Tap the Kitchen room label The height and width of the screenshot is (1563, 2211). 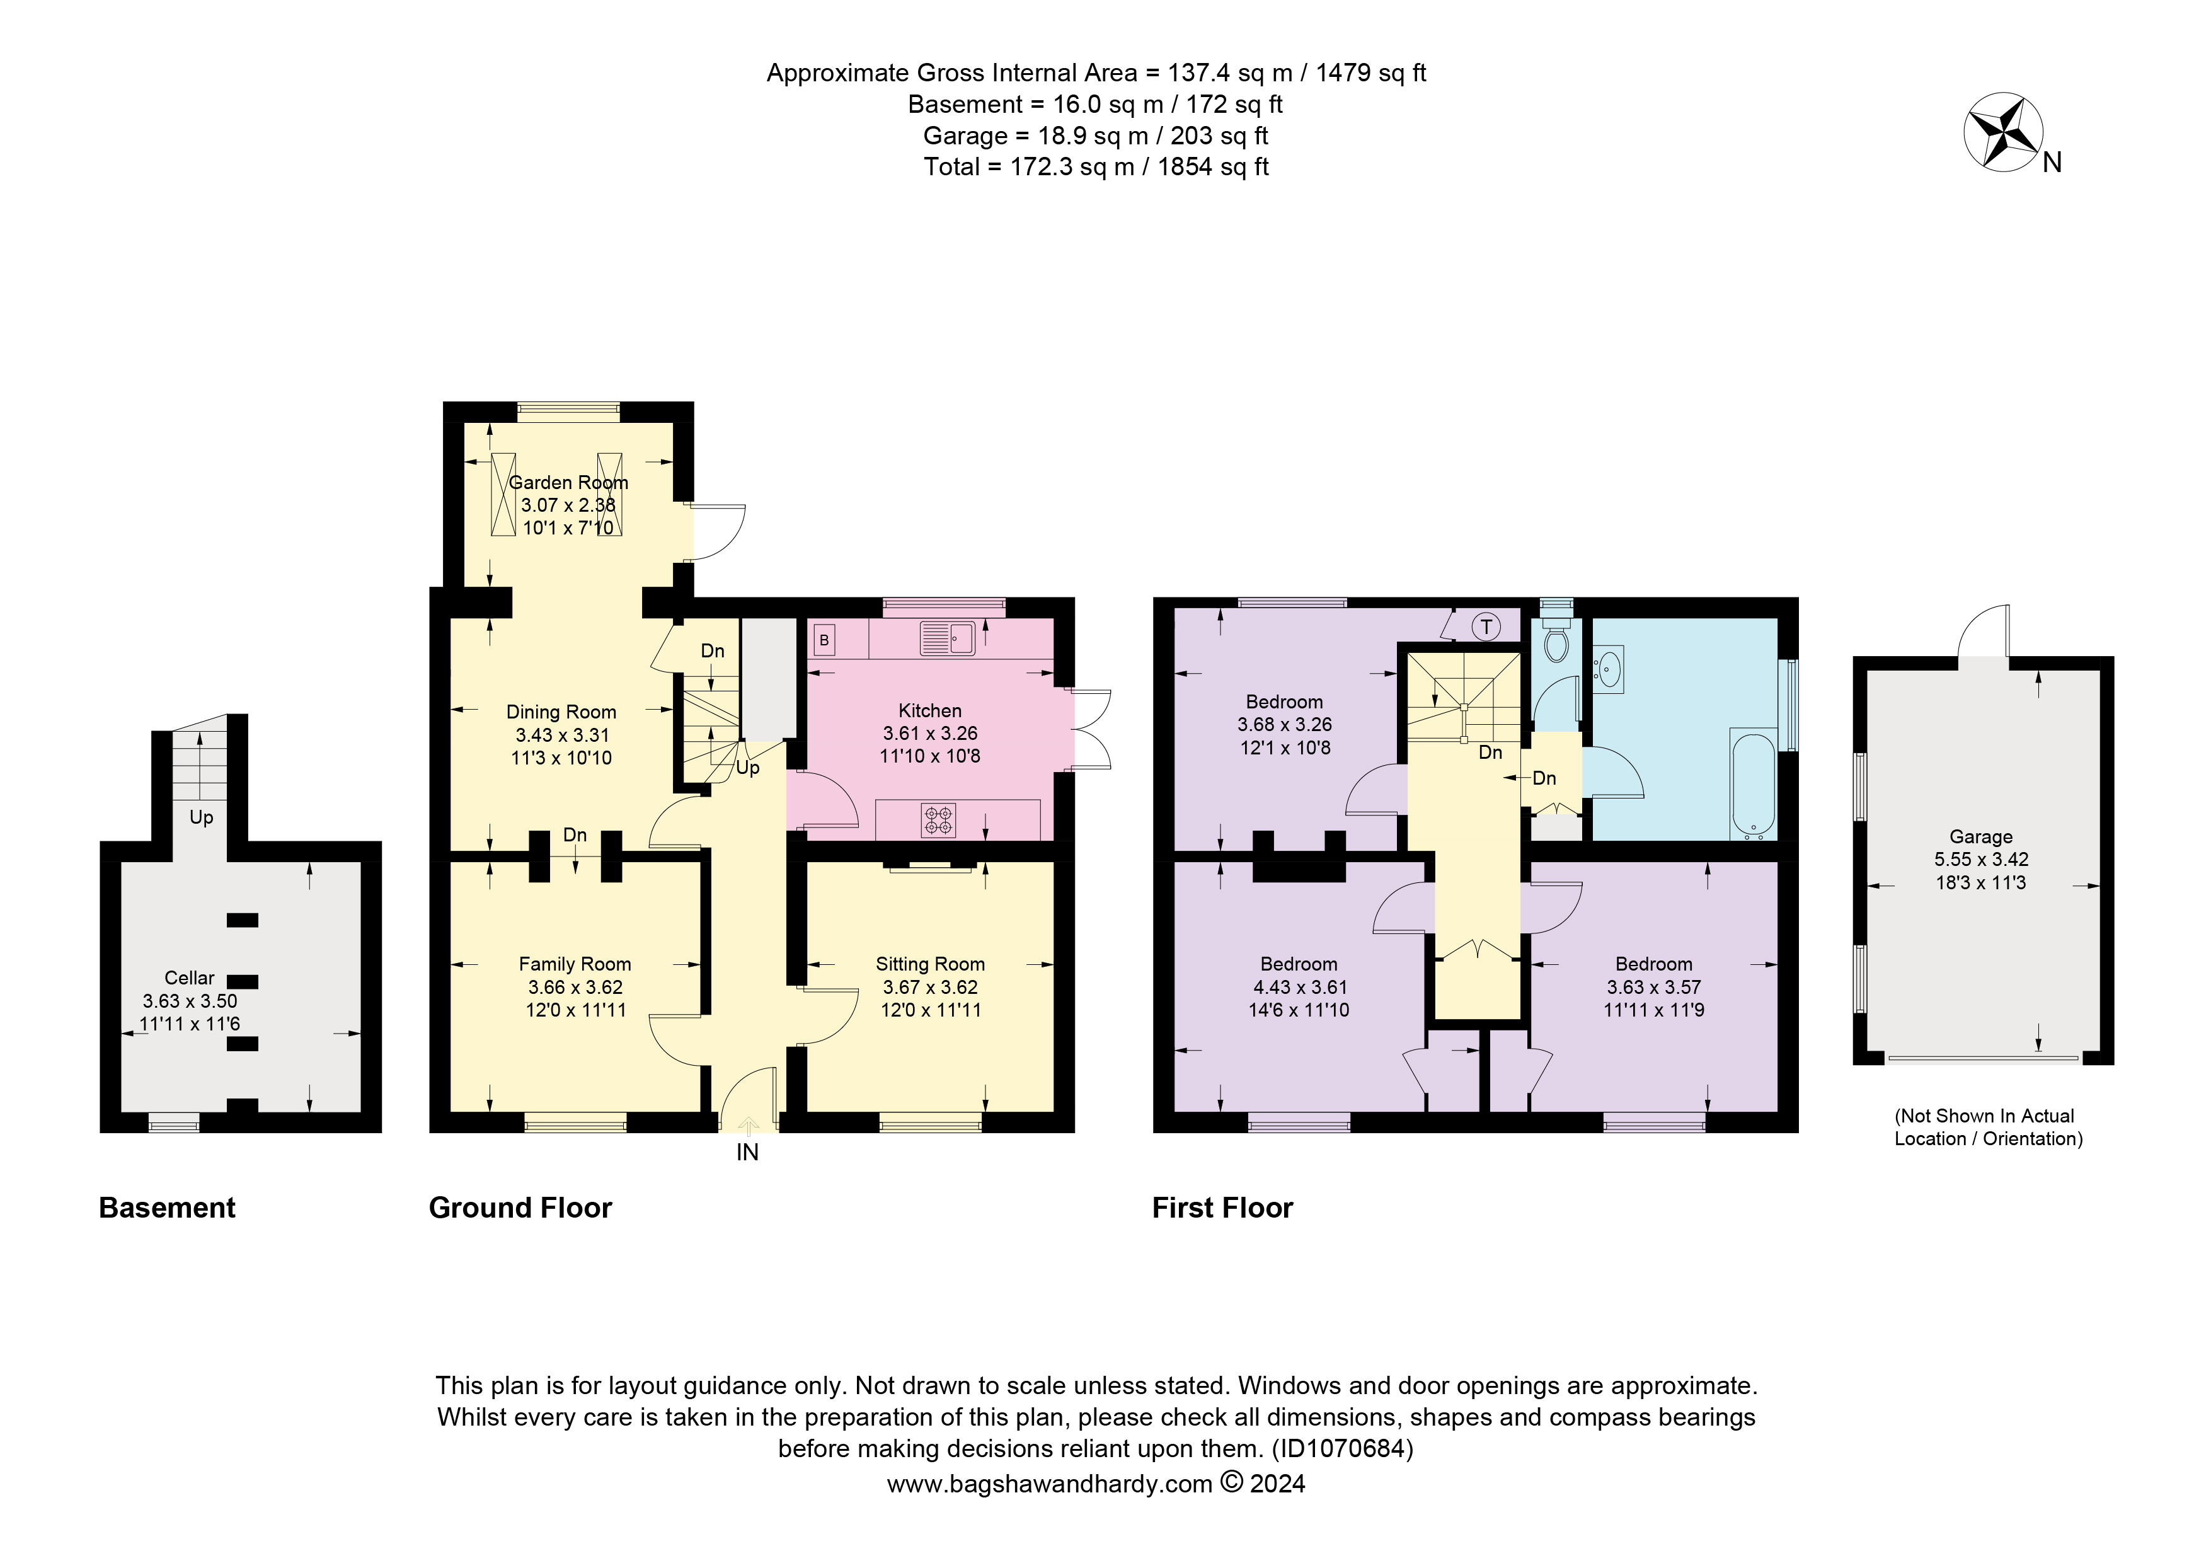coord(929,711)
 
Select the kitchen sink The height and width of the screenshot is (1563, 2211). coord(948,638)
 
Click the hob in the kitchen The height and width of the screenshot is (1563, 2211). coord(939,819)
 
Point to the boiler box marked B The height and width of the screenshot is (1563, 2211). coord(824,640)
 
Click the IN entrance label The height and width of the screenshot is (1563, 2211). coord(747,1153)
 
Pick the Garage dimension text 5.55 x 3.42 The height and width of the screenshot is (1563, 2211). coord(1981,859)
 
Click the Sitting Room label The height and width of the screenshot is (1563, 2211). coord(930,964)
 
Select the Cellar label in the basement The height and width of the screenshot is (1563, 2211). coord(190,978)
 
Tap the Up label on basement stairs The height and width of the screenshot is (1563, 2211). coord(201,817)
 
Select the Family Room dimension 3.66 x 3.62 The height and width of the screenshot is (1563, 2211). coord(575,987)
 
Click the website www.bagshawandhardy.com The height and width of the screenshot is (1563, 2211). coord(1050,1484)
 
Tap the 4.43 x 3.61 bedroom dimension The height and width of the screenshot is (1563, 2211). coord(1299,987)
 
